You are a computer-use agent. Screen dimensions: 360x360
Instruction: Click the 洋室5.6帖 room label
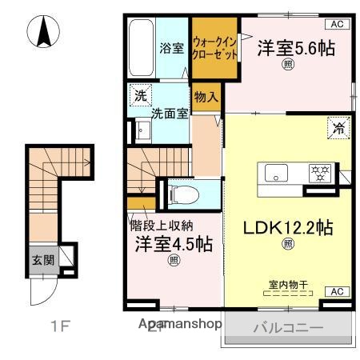click(x=295, y=48)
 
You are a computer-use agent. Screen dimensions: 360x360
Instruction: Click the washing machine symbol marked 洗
click(x=142, y=94)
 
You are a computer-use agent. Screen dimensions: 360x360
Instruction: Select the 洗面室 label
click(x=172, y=114)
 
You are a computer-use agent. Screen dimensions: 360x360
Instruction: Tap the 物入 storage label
click(x=206, y=97)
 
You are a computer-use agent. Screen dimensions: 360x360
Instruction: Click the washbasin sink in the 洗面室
click(x=144, y=130)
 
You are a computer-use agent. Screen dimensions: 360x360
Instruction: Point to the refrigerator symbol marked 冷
click(x=338, y=126)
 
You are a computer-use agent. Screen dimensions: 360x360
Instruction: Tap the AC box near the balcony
click(x=336, y=291)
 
